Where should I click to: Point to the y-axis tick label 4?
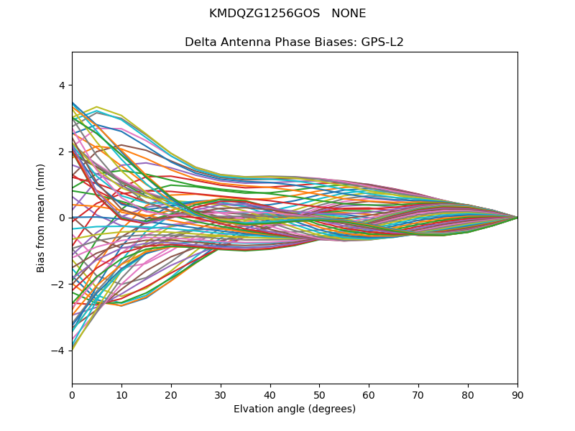pos(61,85)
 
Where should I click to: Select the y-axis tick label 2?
pos(61,152)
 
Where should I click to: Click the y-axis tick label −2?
pos(58,284)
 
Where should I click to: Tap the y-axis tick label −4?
pos(58,351)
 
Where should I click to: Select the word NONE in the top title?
pos(349,14)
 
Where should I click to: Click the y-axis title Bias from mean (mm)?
pos(41,218)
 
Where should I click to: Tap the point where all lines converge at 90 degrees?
pos(517,218)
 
